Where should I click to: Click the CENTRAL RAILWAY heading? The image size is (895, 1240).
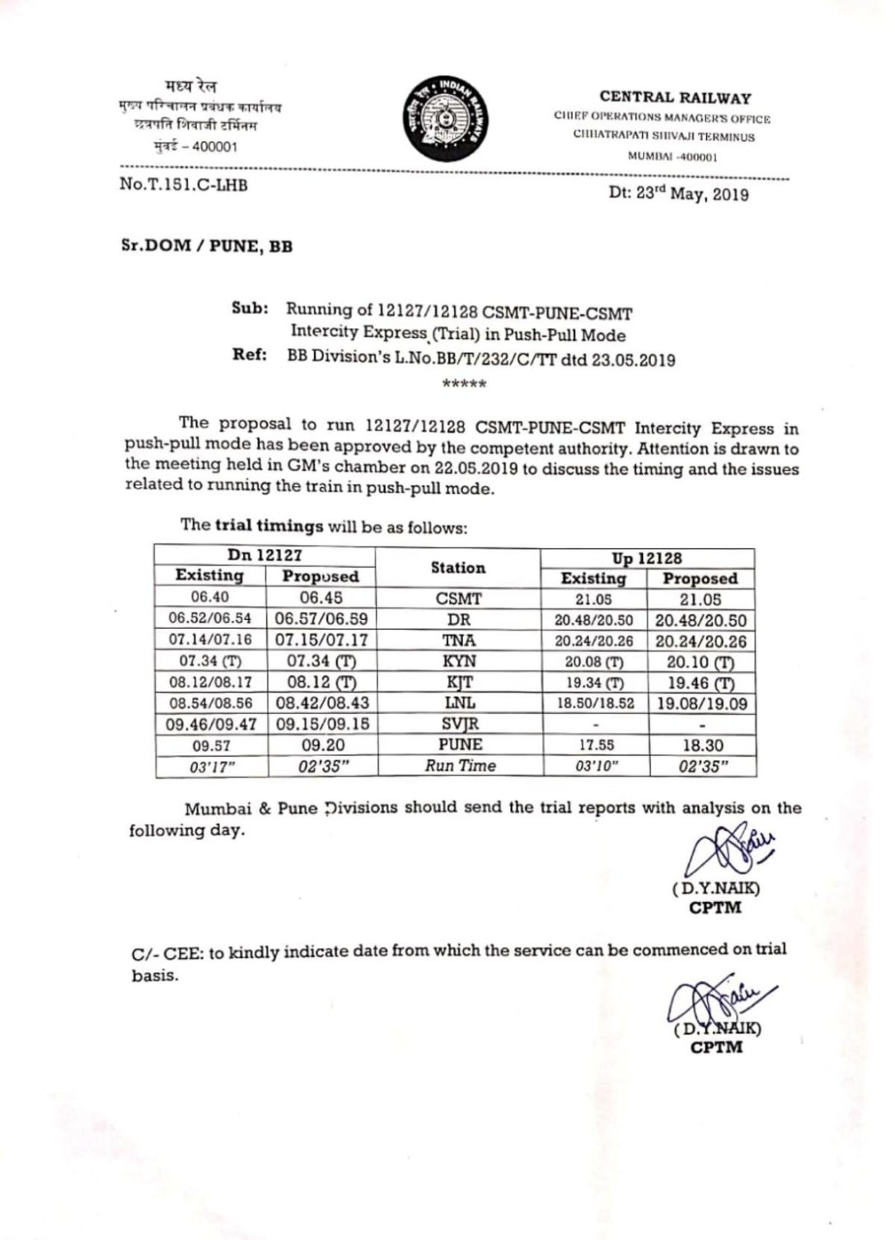click(675, 98)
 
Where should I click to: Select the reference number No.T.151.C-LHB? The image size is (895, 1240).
click(184, 185)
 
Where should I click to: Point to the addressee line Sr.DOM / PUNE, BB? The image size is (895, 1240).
click(206, 247)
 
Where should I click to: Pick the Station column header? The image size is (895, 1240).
click(458, 567)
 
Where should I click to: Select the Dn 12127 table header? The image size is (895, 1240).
click(265, 556)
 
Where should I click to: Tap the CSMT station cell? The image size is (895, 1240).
click(458, 599)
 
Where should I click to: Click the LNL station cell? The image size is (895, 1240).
click(458, 702)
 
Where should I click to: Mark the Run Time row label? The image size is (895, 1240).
click(460, 766)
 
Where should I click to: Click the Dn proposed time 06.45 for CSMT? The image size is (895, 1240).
click(321, 598)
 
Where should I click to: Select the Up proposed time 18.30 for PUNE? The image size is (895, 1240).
click(702, 745)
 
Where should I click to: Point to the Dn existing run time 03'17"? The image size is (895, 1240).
click(210, 767)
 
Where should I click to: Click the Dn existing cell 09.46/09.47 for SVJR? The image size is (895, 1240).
click(211, 725)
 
